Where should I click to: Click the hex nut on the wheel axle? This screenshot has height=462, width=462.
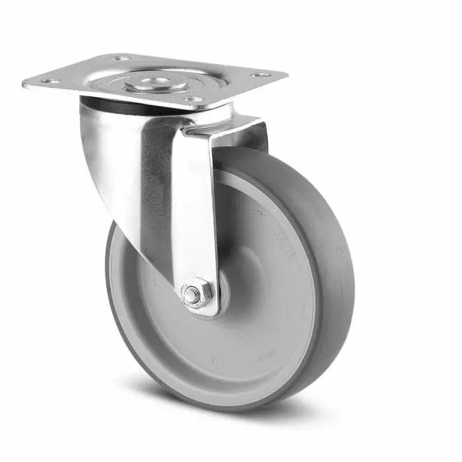[196, 295]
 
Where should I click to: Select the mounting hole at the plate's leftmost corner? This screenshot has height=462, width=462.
[51, 81]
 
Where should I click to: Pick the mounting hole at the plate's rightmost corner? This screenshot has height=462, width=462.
[261, 75]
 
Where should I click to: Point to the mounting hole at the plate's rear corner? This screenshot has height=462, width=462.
[121, 58]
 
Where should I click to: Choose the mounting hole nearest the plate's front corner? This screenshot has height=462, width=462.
[193, 100]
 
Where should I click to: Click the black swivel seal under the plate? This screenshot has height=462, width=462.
[106, 104]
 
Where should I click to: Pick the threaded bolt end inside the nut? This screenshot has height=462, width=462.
[193, 296]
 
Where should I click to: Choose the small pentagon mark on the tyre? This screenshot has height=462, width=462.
[338, 251]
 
